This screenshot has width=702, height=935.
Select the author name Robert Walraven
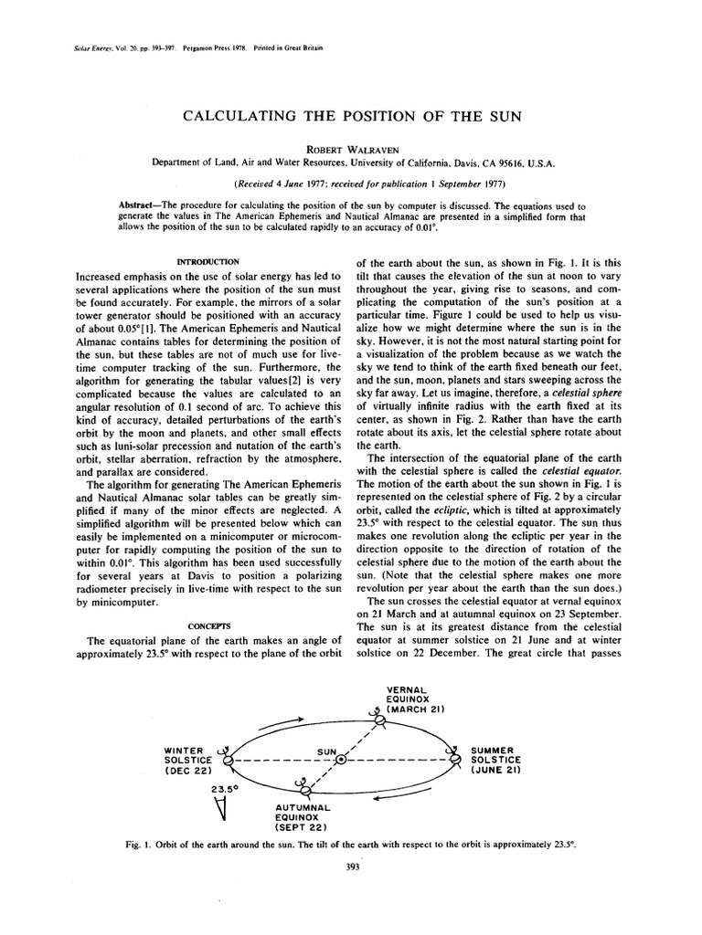click(351, 145)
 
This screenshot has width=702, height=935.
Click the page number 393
click(351, 867)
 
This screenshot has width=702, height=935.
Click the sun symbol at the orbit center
click(340, 760)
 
